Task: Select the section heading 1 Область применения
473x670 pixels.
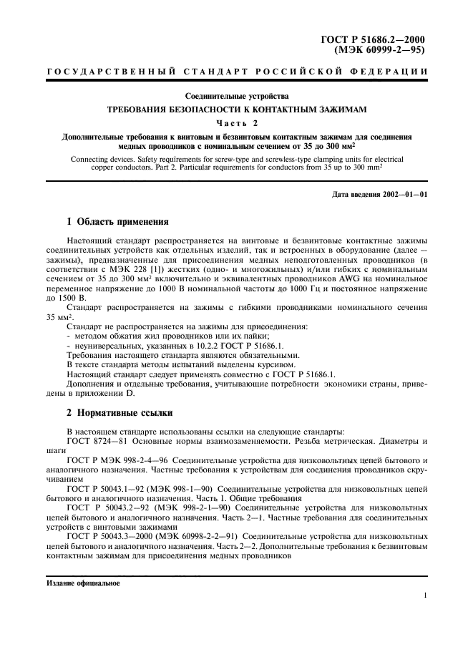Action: (117, 222)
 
